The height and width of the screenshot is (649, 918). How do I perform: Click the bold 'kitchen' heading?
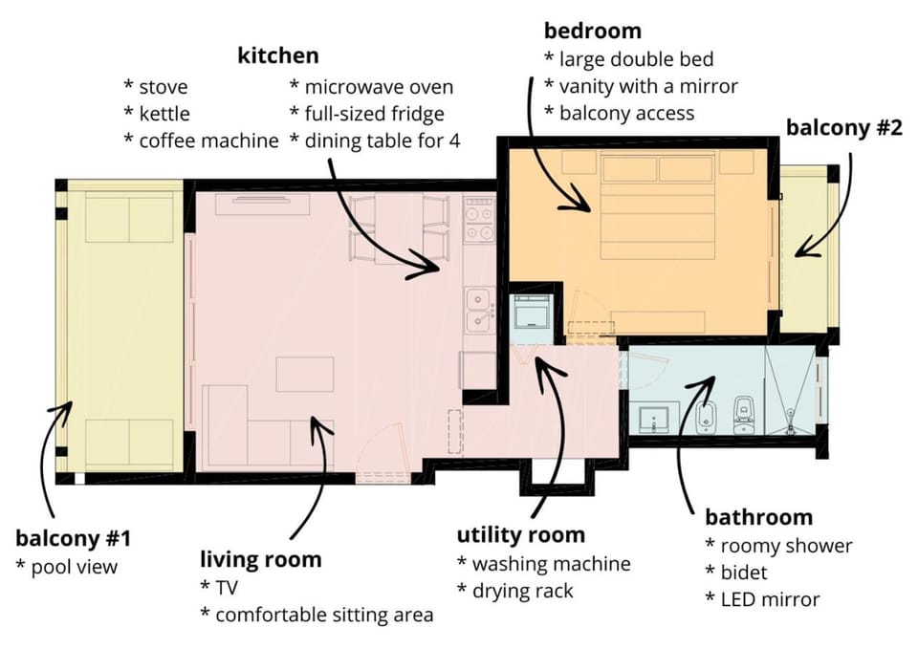278,55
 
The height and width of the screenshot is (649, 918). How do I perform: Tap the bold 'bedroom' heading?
593,31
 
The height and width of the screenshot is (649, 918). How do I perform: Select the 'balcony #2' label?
844,127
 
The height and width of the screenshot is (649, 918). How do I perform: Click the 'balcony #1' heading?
74,538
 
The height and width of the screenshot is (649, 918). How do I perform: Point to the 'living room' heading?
260,559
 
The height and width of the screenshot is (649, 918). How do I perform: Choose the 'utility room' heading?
520,535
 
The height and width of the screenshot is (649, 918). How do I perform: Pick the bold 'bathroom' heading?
758,517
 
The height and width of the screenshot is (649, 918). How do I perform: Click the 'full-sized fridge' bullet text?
375,114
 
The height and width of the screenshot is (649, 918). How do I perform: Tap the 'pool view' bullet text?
75,567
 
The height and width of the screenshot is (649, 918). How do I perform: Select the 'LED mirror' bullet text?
770,599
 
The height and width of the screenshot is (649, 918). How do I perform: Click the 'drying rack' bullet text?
522,591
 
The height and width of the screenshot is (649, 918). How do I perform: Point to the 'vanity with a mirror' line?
648,87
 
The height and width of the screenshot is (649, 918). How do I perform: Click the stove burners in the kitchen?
479,219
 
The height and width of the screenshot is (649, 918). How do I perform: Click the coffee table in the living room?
305,374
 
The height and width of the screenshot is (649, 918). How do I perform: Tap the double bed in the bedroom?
658,206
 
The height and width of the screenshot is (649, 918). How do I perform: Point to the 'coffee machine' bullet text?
209,141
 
